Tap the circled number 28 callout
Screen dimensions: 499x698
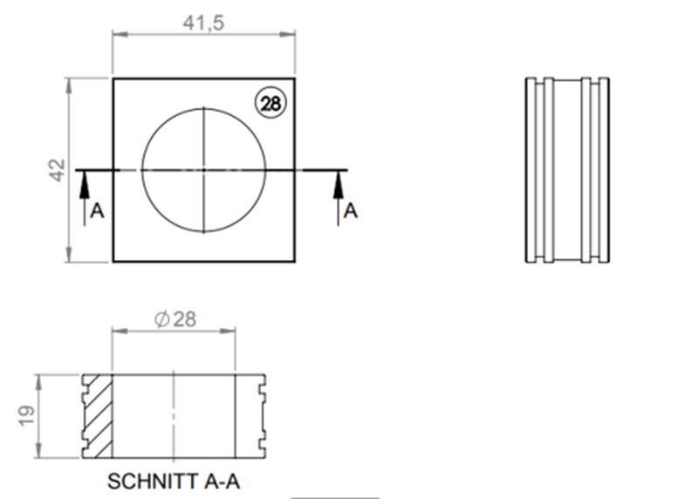[x=270, y=104]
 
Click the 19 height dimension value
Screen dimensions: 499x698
[x=27, y=416]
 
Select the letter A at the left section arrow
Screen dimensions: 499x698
[x=97, y=211]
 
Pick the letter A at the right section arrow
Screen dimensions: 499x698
[x=350, y=211]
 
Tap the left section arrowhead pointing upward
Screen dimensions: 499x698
[x=85, y=180]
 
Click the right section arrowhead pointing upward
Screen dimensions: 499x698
[x=338, y=180]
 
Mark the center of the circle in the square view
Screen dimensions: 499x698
[x=203, y=169]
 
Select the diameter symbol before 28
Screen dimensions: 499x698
[x=161, y=319]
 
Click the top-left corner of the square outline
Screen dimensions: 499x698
[x=113, y=79]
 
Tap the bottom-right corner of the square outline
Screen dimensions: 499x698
[x=295, y=261]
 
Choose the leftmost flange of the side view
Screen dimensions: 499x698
[x=530, y=170]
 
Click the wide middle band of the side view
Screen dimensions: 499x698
[x=567, y=170]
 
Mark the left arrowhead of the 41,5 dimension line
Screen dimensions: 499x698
[x=118, y=35]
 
